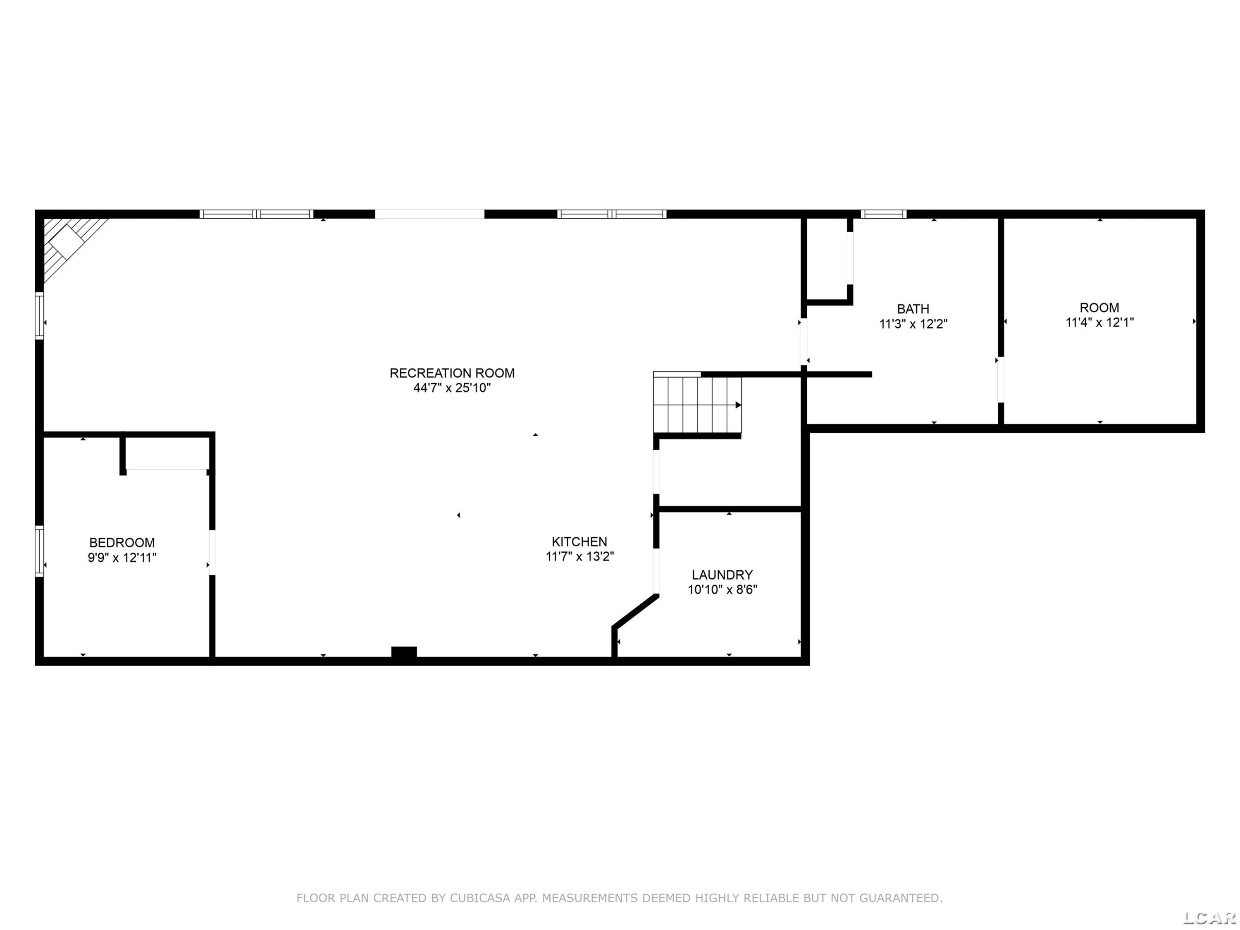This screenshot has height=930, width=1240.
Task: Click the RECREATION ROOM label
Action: click(x=452, y=373)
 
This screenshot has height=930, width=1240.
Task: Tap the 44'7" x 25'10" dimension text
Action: click(x=452, y=388)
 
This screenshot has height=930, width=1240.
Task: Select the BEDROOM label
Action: click(x=122, y=543)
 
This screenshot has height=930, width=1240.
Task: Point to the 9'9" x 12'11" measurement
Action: click(x=122, y=558)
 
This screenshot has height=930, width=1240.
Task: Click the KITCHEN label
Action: click(x=579, y=541)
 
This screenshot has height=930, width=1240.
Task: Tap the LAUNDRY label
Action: click(x=722, y=575)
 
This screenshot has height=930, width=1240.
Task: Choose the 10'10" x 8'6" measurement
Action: click(x=722, y=590)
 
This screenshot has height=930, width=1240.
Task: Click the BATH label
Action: click(x=913, y=309)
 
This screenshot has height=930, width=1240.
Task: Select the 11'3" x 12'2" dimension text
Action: click(x=913, y=324)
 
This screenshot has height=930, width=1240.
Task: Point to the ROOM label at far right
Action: click(x=1099, y=308)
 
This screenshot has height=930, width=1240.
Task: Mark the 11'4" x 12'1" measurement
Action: click(x=1099, y=322)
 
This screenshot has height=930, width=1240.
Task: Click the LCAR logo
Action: click(x=1209, y=918)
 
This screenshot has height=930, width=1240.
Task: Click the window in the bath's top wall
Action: click(x=883, y=214)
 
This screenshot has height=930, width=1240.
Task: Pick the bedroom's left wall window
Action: click(x=39, y=551)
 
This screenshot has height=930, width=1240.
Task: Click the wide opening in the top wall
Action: click(x=429, y=214)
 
